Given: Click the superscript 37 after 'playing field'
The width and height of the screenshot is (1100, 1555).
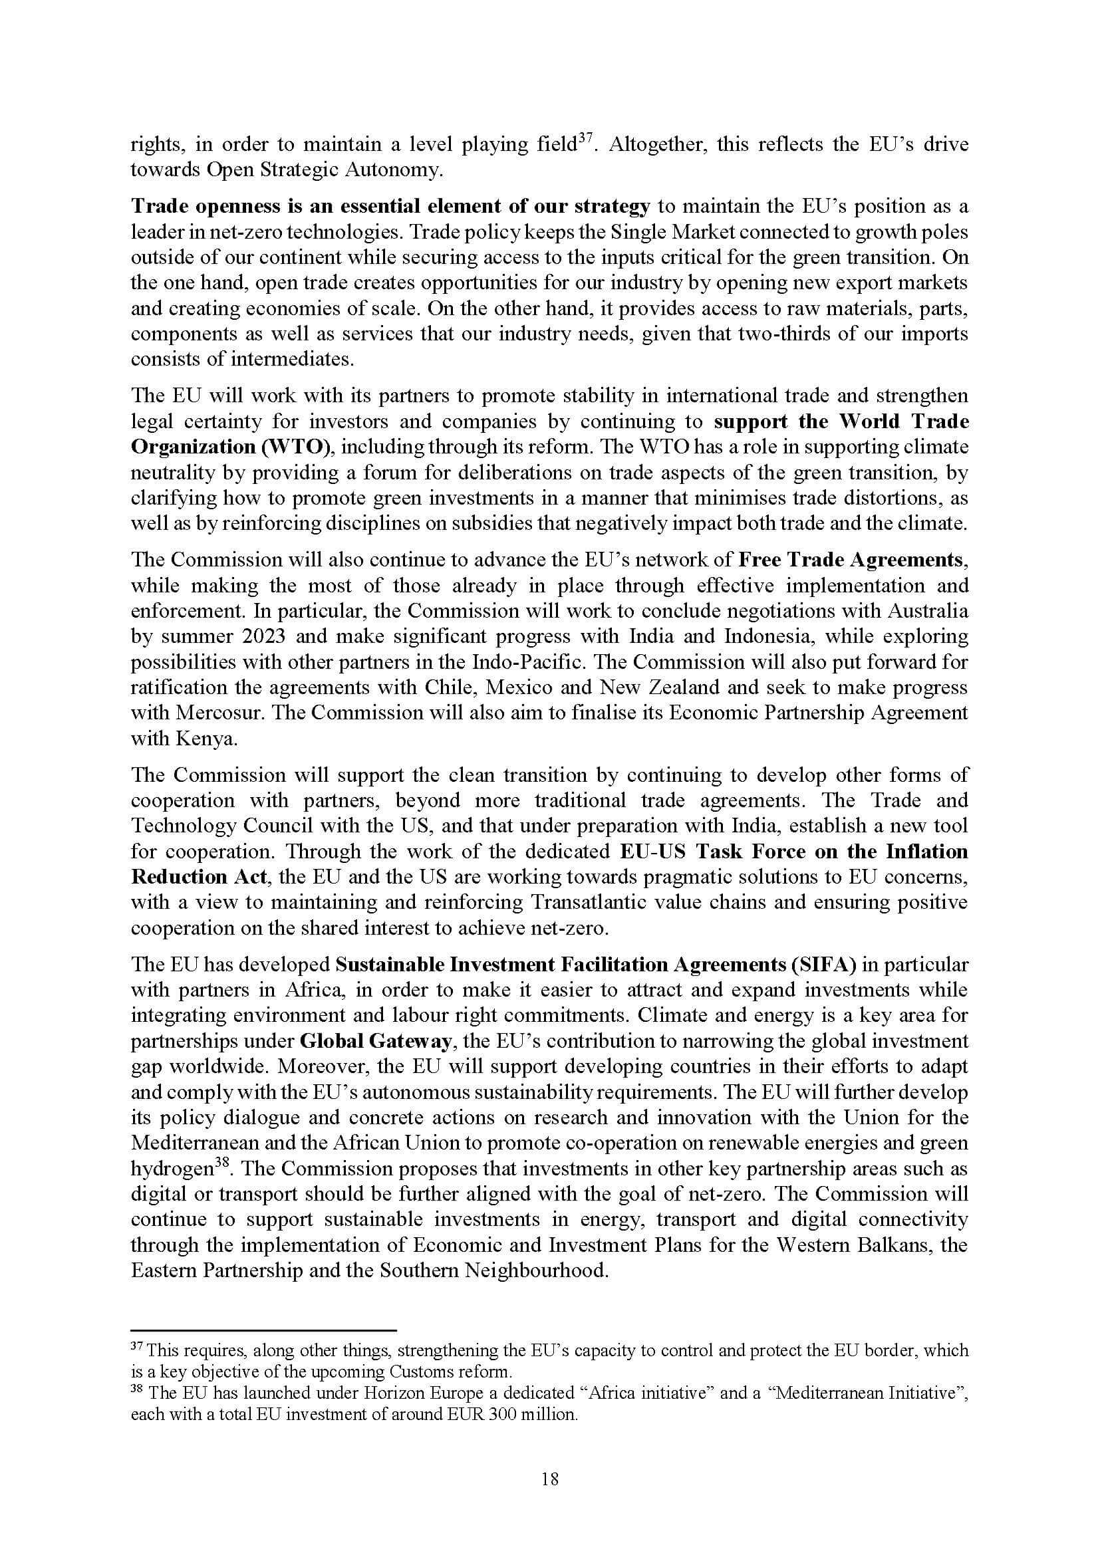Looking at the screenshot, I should click(x=585, y=139).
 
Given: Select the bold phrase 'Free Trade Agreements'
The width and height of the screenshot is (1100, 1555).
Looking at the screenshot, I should click(x=850, y=559).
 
